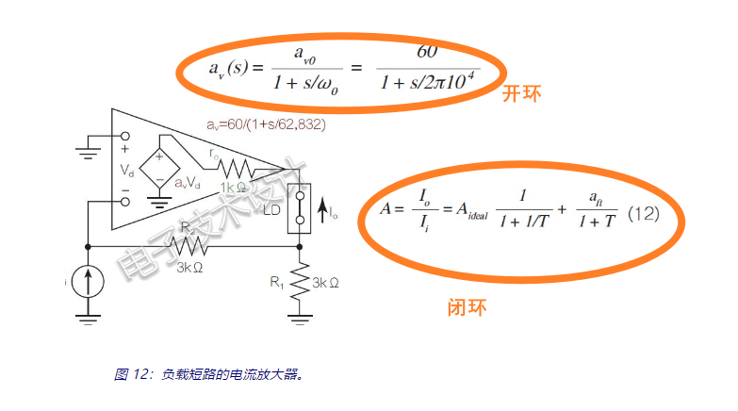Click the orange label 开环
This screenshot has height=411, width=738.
(521, 93)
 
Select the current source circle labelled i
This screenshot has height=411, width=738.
(88, 280)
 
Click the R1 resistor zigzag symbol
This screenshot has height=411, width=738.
(300, 280)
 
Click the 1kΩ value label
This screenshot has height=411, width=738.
(235, 188)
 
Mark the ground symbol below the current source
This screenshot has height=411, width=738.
(88, 319)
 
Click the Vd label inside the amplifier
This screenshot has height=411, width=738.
(126, 171)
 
